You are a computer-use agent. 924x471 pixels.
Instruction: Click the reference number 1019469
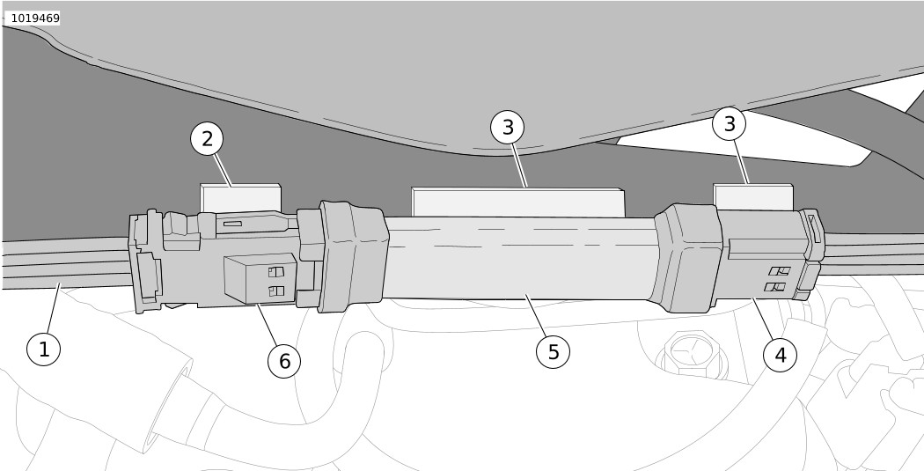click(x=35, y=18)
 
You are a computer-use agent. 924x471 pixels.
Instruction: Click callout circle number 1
click(x=44, y=349)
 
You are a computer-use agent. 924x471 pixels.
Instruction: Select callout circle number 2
click(x=207, y=139)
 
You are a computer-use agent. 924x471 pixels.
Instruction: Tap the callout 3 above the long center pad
click(x=508, y=127)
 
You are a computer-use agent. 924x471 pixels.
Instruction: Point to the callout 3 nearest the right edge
click(x=729, y=124)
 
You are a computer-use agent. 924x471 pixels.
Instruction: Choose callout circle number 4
click(x=780, y=355)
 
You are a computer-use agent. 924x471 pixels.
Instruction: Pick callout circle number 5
click(x=553, y=352)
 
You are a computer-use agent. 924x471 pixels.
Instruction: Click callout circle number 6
click(x=284, y=361)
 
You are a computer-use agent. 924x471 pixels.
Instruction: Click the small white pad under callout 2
click(x=240, y=198)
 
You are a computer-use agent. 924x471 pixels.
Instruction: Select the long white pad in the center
click(x=518, y=202)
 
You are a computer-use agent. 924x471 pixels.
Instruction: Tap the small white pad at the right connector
click(x=753, y=197)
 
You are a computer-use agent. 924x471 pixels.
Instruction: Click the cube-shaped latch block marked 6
click(x=260, y=278)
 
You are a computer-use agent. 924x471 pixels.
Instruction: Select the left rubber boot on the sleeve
click(x=353, y=256)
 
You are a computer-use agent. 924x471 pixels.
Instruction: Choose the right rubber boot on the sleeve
click(x=687, y=257)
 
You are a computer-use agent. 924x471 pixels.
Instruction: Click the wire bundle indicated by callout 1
click(x=66, y=263)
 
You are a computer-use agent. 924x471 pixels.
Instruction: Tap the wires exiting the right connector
click(x=873, y=254)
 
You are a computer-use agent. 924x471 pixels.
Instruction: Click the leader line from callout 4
click(x=763, y=319)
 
